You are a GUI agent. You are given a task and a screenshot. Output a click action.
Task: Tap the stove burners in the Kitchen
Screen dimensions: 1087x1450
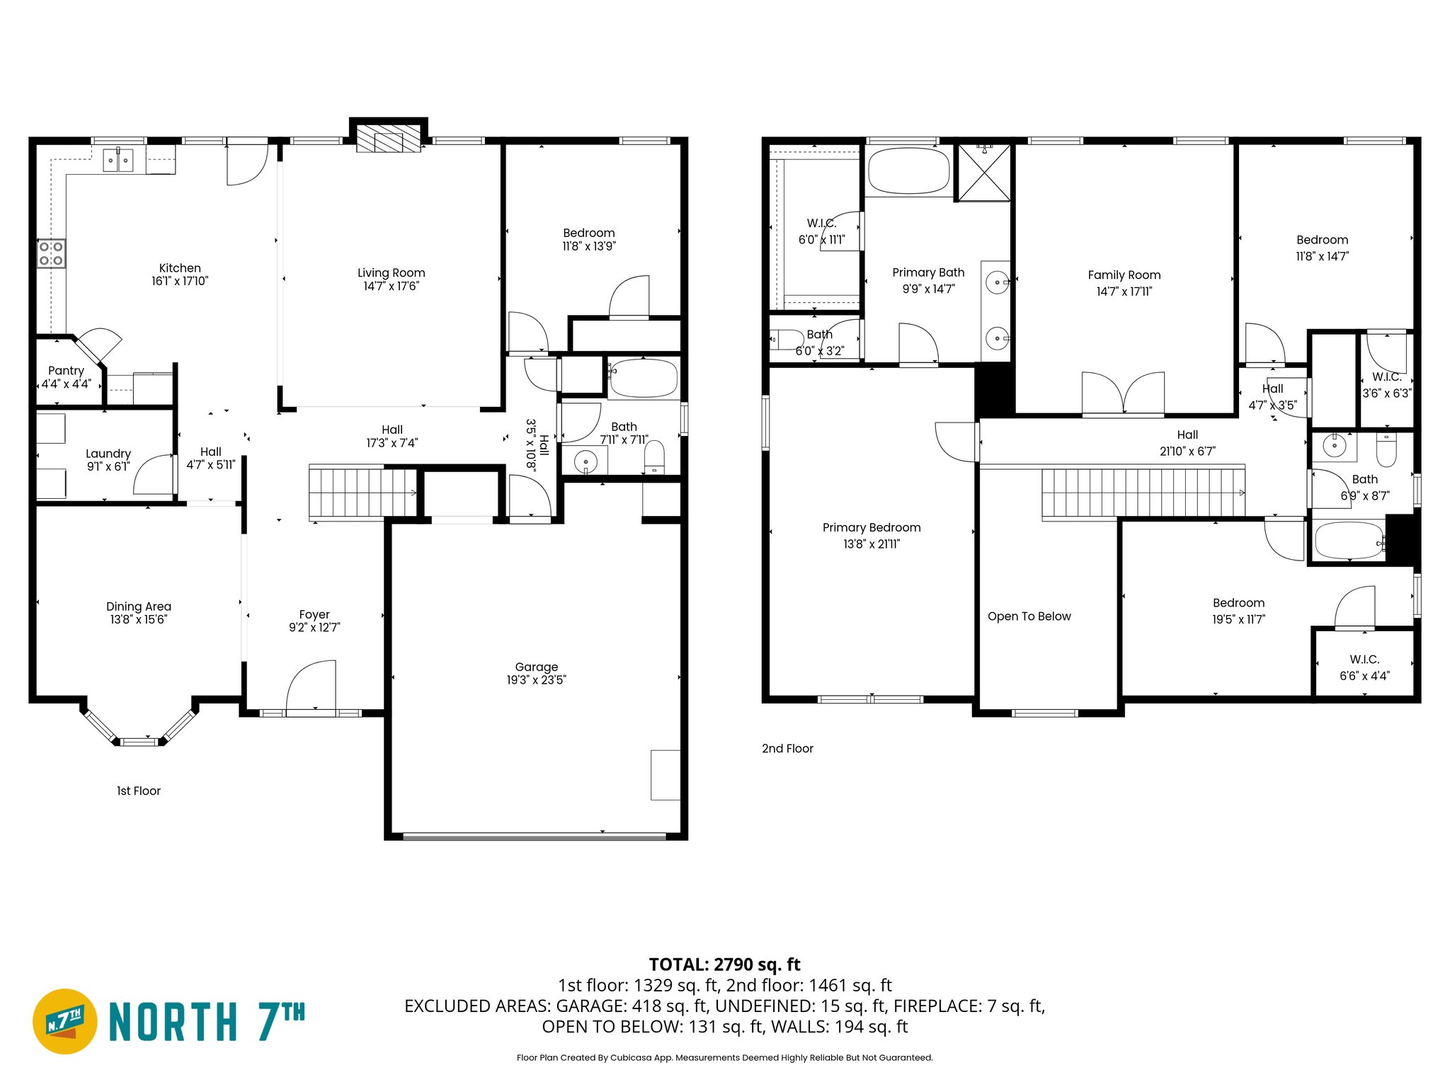click(51, 253)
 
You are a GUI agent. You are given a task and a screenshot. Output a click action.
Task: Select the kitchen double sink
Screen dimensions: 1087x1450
click(118, 161)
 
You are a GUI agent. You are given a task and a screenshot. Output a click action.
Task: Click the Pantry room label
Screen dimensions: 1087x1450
click(66, 371)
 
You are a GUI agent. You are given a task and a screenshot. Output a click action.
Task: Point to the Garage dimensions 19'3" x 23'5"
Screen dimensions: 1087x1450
click(536, 680)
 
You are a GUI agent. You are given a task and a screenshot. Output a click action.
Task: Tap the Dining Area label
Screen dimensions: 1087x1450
click(139, 606)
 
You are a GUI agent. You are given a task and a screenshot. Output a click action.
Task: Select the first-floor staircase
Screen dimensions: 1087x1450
click(363, 493)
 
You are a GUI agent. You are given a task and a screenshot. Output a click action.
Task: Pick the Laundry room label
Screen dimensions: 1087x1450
click(108, 454)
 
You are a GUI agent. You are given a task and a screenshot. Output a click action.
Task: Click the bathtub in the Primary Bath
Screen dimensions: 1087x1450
click(908, 171)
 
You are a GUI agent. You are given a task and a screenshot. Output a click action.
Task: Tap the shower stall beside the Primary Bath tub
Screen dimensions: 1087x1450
click(983, 172)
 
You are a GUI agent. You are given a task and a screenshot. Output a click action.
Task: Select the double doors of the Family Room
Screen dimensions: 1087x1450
click(1123, 393)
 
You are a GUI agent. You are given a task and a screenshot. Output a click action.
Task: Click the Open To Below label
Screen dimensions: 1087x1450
click(1029, 616)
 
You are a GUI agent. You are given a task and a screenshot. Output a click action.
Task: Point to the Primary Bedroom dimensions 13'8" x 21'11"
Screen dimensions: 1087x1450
click(872, 544)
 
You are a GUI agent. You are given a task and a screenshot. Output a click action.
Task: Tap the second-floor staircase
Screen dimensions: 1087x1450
click(1142, 493)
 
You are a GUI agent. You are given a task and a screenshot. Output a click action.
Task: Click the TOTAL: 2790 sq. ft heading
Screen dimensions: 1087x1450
click(724, 965)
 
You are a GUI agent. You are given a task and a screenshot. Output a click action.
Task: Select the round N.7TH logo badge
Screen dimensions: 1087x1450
click(65, 1021)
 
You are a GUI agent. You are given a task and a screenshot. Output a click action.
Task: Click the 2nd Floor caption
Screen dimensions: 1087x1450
click(787, 749)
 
